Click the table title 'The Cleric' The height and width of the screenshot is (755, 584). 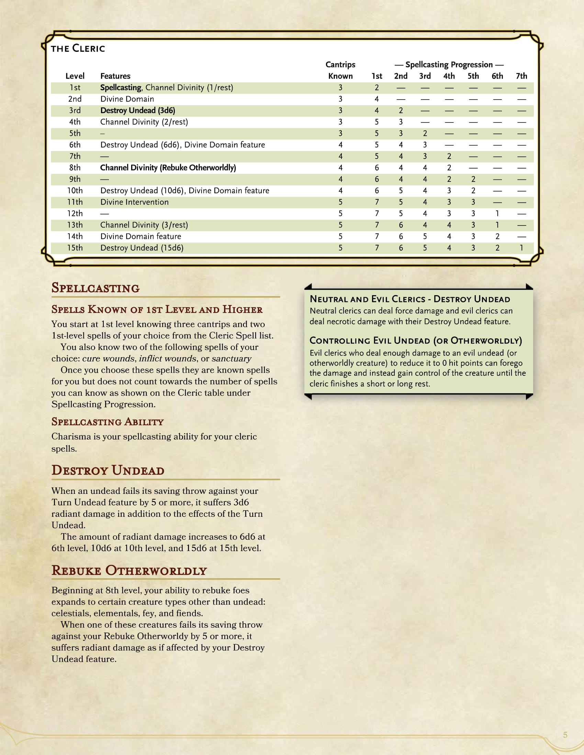point(78,48)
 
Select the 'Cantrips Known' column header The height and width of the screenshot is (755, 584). point(340,70)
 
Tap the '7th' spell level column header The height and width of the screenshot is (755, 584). point(521,76)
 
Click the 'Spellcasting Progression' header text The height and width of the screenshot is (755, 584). point(449,65)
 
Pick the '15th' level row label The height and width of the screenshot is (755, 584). point(75,248)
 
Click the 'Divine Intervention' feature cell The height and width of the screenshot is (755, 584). point(134,202)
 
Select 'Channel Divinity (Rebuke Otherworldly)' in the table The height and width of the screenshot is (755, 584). point(168,168)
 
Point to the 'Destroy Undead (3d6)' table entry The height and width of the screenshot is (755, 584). point(137,111)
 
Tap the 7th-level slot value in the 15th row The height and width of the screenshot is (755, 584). point(521,248)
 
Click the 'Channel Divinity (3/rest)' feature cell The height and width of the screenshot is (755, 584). point(144,225)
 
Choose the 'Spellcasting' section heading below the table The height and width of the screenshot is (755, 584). point(96,288)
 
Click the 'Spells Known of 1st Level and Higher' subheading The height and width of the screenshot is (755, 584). point(157,310)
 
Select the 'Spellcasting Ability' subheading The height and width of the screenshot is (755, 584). point(108,422)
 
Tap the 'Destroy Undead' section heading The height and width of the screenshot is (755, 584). point(108,471)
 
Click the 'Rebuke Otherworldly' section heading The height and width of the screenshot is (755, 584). point(129,571)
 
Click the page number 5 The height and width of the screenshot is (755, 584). point(565,735)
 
